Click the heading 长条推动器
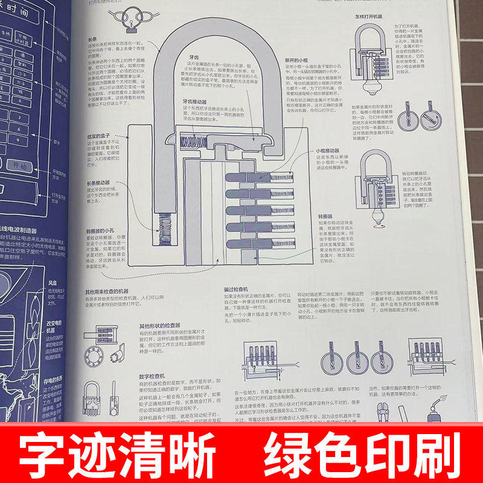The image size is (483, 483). [98, 182]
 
